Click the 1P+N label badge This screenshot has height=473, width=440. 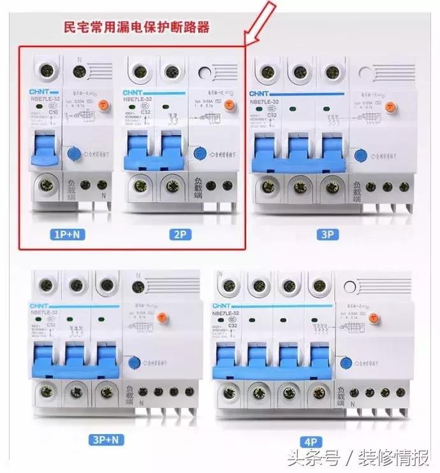tap(67, 235)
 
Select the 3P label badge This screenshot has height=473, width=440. tap(328, 235)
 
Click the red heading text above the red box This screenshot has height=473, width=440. tap(138, 27)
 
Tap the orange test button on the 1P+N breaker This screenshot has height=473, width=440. tap(101, 104)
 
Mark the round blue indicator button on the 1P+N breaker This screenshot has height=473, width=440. tap(74, 152)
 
